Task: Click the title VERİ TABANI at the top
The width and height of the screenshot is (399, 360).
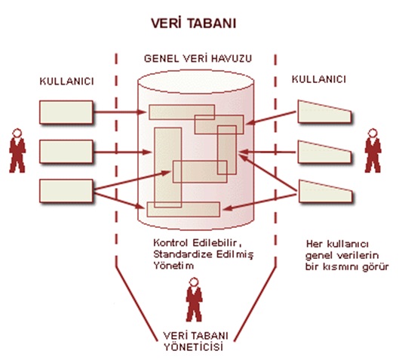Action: click(194, 23)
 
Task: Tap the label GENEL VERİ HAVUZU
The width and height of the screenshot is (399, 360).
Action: click(198, 59)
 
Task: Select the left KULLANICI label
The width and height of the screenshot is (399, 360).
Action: click(67, 82)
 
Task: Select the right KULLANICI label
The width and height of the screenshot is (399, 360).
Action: click(319, 79)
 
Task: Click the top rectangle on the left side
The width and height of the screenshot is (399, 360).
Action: click(66, 112)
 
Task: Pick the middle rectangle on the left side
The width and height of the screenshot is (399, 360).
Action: click(66, 152)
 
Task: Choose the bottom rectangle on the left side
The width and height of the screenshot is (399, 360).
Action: click(66, 191)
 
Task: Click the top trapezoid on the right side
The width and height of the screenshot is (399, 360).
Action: click(324, 112)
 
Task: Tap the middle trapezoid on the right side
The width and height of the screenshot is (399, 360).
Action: click(324, 152)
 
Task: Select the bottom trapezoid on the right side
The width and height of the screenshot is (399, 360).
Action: click(325, 192)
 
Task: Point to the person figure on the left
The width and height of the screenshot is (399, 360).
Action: click(17, 151)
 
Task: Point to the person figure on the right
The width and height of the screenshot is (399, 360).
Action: click(373, 151)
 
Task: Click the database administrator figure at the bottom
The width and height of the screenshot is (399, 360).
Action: click(194, 300)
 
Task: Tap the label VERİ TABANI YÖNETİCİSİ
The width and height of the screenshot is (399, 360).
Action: click(195, 341)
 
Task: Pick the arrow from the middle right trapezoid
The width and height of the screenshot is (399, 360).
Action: click(268, 152)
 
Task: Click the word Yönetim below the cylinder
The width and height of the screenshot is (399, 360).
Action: click(173, 266)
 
